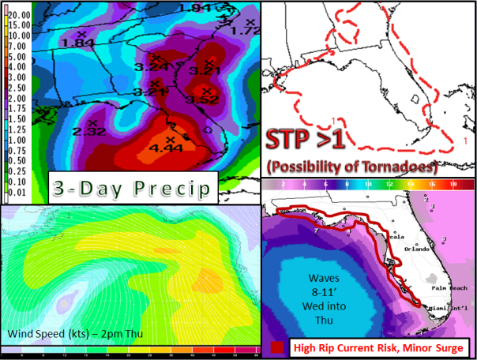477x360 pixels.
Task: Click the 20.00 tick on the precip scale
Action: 20,15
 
